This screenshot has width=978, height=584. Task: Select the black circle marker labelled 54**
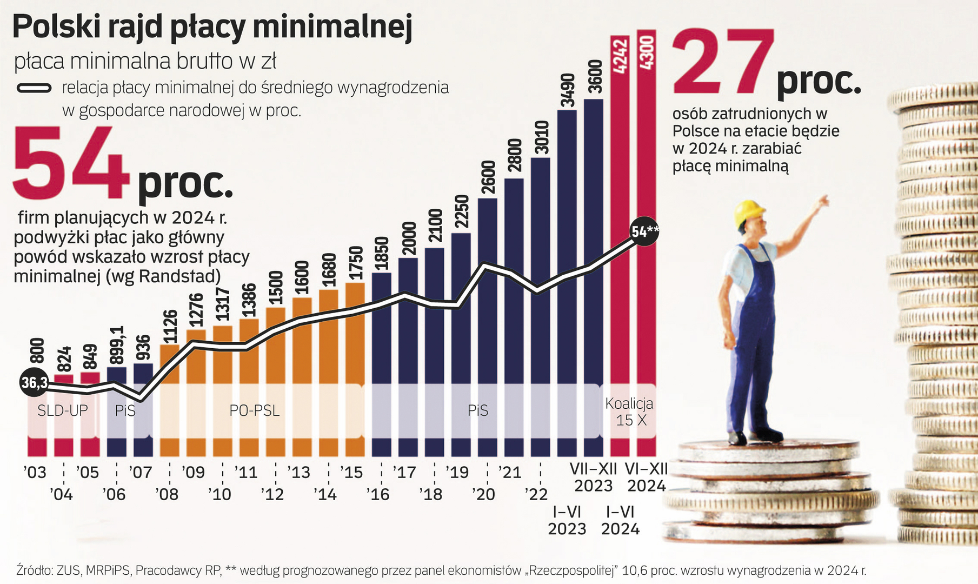coord(644,232)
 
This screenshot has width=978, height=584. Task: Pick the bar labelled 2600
coord(487,324)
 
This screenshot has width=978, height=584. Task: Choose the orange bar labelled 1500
coord(275,379)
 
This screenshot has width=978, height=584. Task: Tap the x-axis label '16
coord(377,494)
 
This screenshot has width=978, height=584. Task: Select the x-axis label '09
coord(192,473)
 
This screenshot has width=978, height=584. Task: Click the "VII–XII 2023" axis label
coord(594,477)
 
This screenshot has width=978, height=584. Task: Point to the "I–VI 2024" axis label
coord(620,520)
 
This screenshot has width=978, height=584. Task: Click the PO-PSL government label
coord(255,411)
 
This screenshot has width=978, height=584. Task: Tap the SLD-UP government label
coord(62,411)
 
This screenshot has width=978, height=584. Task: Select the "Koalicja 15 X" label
coord(629,412)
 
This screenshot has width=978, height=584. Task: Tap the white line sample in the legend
coord(34,88)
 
